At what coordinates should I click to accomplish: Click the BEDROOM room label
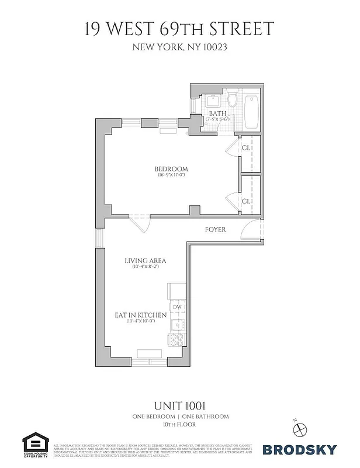(x=171, y=169)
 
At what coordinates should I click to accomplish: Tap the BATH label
(x=217, y=113)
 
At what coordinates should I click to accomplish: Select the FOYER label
(x=215, y=230)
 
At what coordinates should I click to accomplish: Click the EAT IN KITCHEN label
(x=140, y=315)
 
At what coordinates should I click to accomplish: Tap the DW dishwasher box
(x=176, y=307)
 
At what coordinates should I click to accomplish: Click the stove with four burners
(x=176, y=340)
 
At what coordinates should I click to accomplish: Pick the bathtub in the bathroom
(x=252, y=112)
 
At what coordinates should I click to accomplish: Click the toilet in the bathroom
(x=232, y=100)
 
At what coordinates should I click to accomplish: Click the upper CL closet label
(x=246, y=148)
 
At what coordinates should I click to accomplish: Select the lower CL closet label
(x=246, y=201)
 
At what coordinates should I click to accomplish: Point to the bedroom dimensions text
(x=171, y=175)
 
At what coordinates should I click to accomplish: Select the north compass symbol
(x=300, y=428)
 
